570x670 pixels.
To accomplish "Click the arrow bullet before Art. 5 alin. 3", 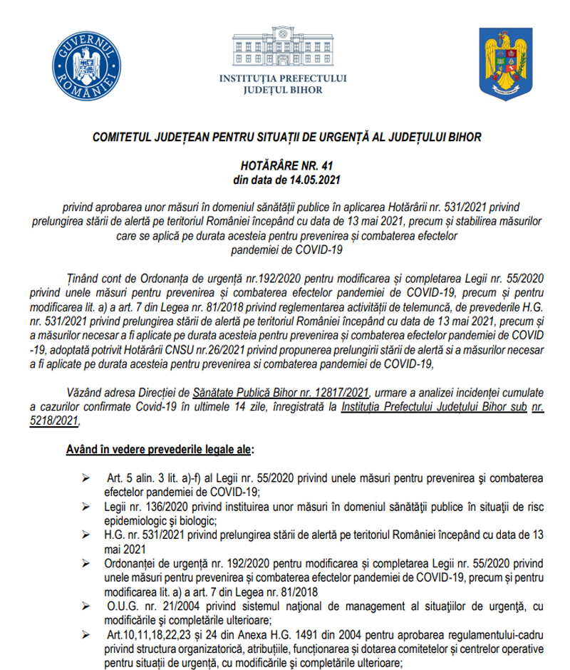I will pos(86,475).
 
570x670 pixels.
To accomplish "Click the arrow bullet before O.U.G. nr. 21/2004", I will pos(86,606).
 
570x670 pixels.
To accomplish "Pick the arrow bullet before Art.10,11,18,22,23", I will pos(86,634).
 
